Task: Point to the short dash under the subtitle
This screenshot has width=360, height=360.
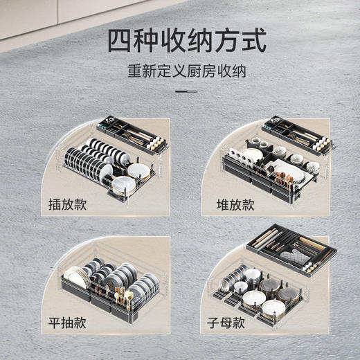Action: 186,91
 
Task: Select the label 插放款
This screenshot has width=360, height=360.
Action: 69,205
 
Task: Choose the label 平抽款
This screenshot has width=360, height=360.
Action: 69,325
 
